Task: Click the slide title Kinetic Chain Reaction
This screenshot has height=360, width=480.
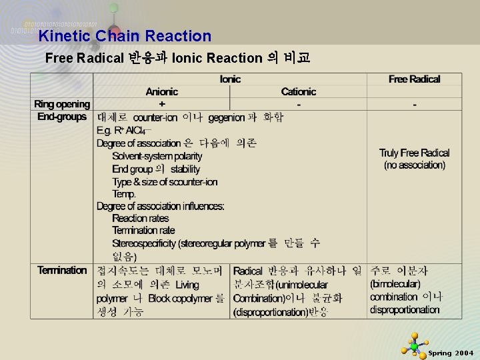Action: point(125,36)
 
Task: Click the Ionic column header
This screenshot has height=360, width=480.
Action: point(230,79)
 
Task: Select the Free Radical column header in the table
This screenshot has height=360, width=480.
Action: point(414,79)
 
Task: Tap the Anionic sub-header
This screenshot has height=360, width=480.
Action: point(162,92)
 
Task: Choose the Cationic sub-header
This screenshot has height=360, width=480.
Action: point(298,92)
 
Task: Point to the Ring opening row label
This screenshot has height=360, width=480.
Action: point(62,104)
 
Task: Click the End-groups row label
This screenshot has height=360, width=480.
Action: point(62,117)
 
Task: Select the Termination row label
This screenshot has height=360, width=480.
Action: point(62,270)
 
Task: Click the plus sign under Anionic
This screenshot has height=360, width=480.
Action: point(162,104)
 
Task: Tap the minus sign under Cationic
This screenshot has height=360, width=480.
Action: point(298,104)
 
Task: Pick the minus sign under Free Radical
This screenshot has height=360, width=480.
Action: point(414,104)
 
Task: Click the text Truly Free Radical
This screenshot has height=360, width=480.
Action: point(414,153)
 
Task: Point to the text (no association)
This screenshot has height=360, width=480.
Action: point(414,165)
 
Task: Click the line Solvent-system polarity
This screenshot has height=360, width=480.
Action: point(157,156)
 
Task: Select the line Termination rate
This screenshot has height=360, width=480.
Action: point(143,231)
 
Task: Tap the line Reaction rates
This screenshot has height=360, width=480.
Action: point(141,218)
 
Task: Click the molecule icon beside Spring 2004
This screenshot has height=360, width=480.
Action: point(414,345)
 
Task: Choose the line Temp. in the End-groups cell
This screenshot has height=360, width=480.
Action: point(124,194)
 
